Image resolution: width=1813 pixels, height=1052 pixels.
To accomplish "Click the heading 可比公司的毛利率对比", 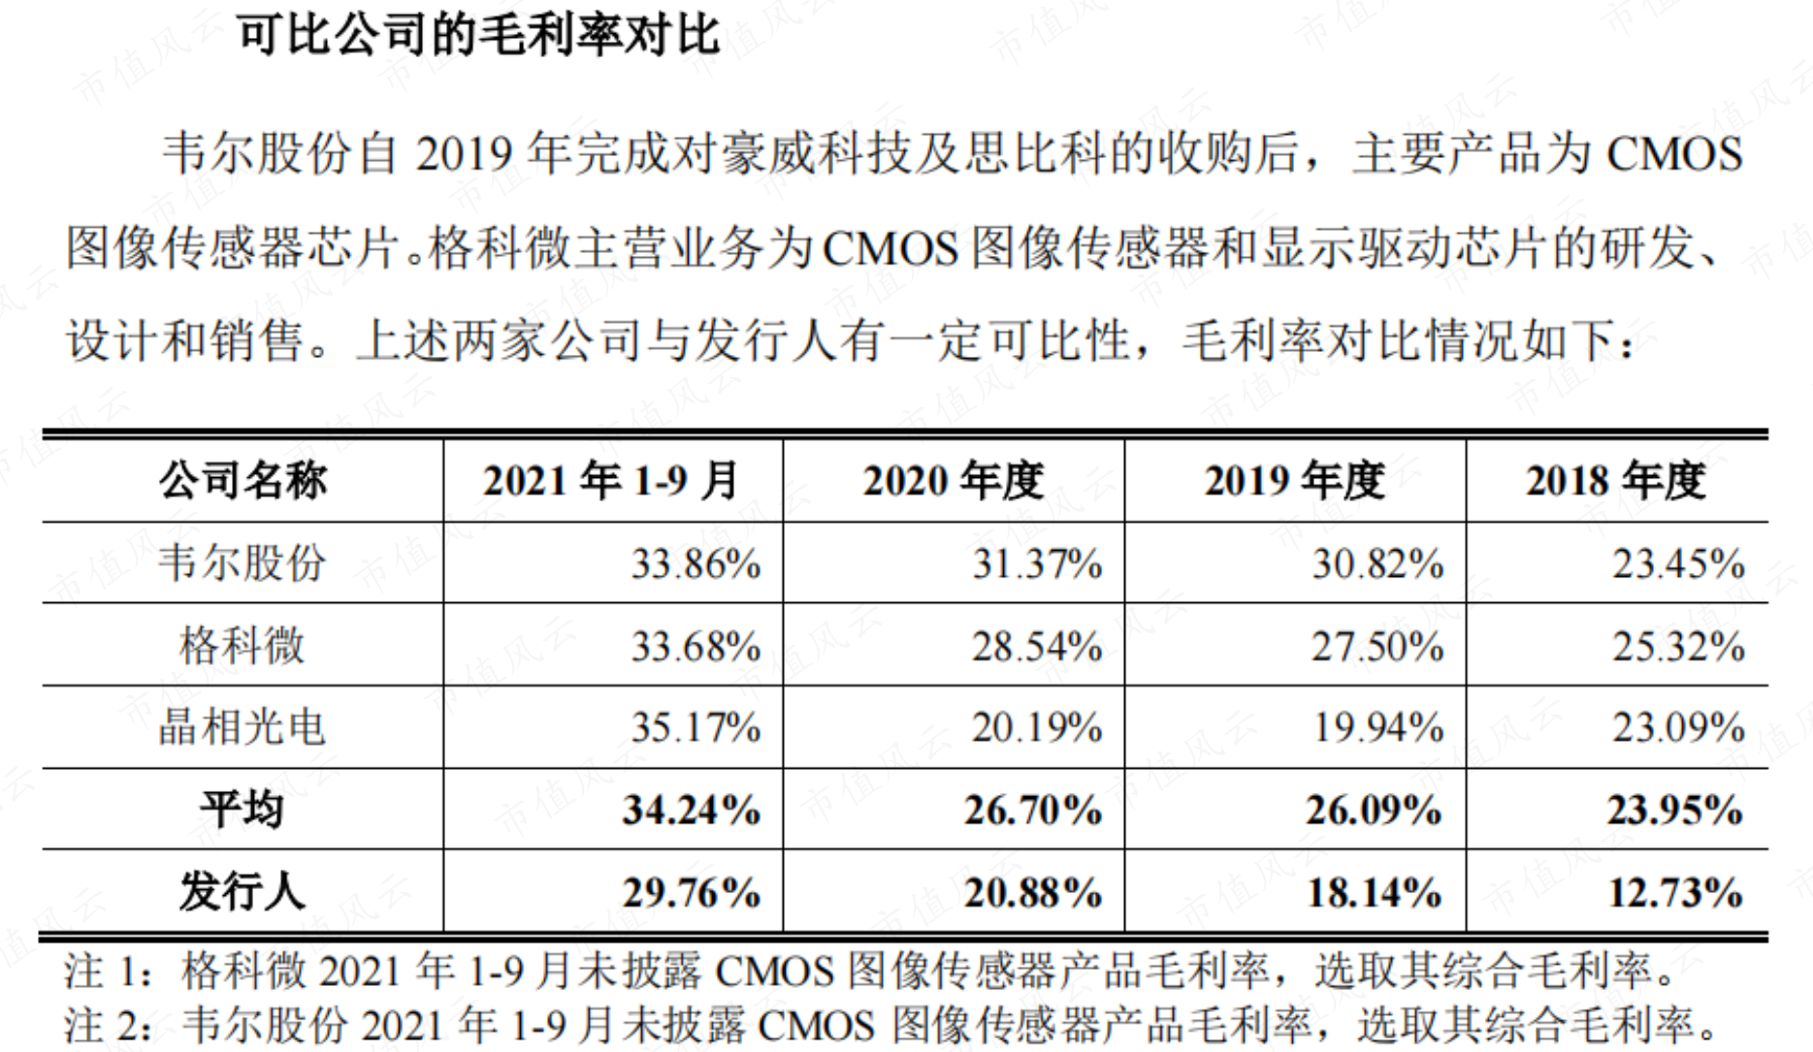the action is (x=479, y=35).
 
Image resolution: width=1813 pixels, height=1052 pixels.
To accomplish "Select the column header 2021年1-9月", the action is (x=611, y=481).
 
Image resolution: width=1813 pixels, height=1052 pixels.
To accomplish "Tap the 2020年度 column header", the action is (x=954, y=481).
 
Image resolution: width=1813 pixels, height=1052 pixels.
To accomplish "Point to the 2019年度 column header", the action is (x=1295, y=481).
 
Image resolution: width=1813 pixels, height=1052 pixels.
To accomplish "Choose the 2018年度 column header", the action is (x=1616, y=481).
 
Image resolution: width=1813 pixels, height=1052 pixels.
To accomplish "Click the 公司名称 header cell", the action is (x=243, y=481).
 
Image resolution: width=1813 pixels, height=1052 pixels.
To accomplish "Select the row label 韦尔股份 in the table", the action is (x=243, y=563).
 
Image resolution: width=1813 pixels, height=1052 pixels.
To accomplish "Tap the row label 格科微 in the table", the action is (x=243, y=646).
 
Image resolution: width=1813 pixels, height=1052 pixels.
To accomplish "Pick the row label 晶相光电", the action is (x=243, y=727).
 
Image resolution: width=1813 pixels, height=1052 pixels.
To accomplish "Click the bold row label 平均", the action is (x=243, y=810).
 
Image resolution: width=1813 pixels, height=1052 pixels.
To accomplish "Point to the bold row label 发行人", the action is (x=243, y=892).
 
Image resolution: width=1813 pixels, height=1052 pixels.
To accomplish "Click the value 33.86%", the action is (x=696, y=564).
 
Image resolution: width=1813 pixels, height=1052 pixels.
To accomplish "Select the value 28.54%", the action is (x=1037, y=647).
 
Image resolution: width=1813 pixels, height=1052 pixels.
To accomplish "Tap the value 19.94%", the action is (x=1378, y=728).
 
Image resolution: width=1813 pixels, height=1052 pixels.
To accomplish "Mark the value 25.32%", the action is (x=1679, y=647).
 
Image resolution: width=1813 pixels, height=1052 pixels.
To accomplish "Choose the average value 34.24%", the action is (x=692, y=811).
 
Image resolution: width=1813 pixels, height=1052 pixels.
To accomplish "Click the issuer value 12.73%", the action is (x=1676, y=893).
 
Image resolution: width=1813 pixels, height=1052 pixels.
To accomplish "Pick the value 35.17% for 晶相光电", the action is (x=696, y=728).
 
